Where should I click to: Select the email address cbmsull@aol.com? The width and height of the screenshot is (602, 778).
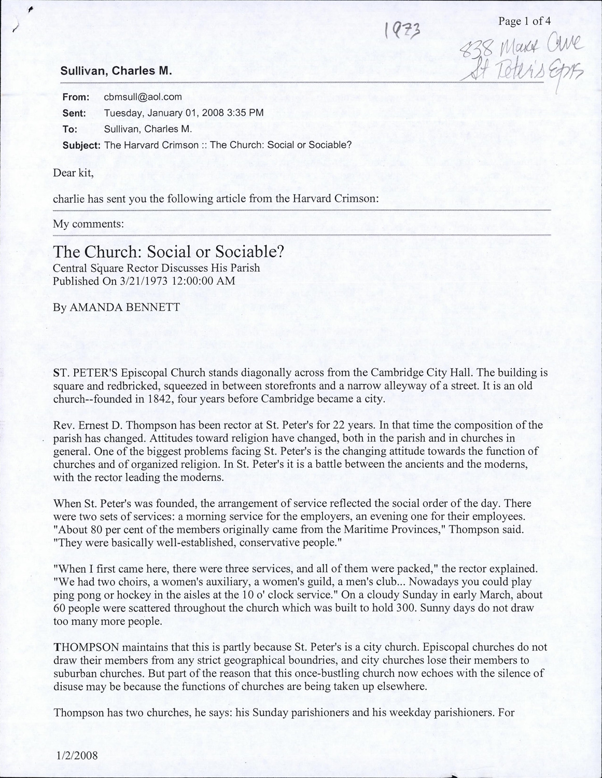pyautogui.click(x=143, y=96)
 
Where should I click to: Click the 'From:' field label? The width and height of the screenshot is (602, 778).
pyautogui.click(x=76, y=97)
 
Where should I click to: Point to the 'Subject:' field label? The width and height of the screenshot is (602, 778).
pyautogui.click(x=81, y=145)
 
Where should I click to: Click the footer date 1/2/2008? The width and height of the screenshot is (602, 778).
pyautogui.click(x=75, y=755)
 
